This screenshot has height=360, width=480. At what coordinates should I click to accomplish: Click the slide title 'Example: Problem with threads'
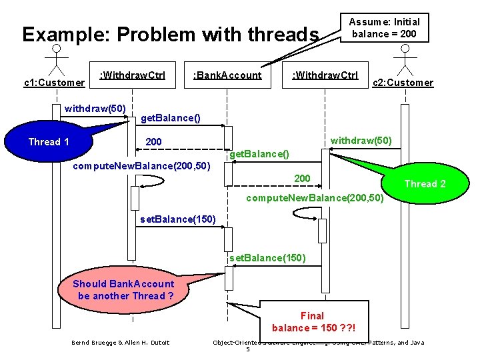(171, 34)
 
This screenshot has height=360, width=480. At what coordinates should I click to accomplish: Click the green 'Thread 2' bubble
(425, 184)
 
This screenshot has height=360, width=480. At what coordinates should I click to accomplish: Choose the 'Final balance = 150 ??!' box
(313, 321)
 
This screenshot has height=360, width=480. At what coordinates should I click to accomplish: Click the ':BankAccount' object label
(227, 75)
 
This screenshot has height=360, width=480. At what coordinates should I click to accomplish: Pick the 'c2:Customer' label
(403, 83)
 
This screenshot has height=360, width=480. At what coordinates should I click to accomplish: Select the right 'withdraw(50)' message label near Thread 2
(361, 141)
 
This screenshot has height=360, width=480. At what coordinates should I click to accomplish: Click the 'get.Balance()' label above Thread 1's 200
(170, 119)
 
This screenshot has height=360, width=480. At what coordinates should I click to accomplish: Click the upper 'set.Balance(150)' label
(178, 219)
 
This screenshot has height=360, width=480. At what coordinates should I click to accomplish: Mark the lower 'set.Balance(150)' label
(267, 257)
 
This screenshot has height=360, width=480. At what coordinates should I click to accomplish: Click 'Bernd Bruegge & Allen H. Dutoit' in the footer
(120, 343)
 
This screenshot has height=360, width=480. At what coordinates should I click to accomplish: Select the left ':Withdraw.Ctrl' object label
(132, 74)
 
